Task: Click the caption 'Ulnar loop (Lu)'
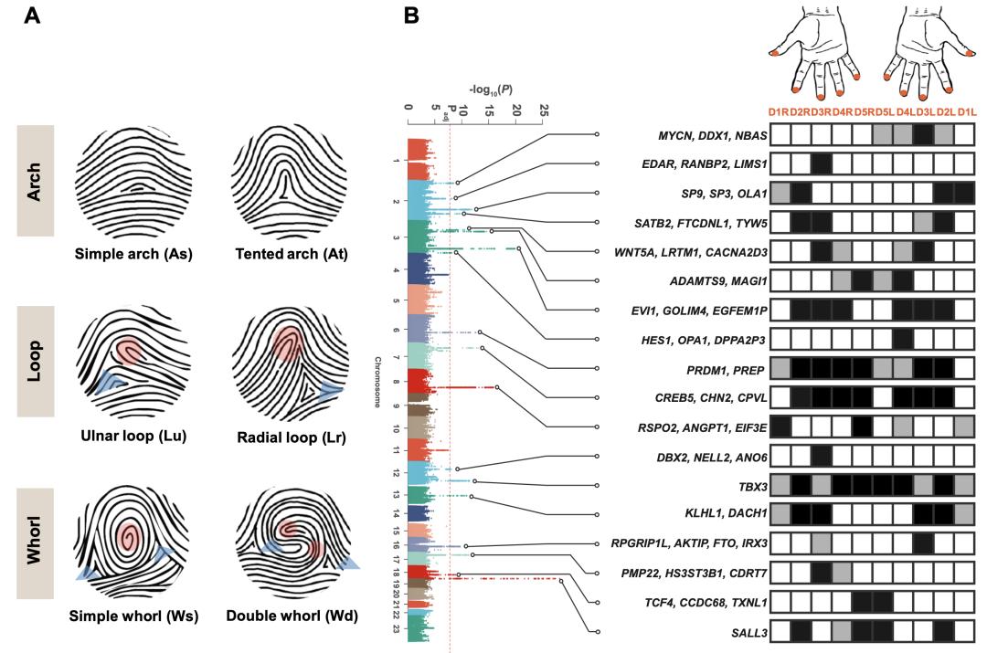click(133, 436)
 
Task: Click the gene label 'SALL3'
click(745, 632)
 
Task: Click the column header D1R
click(779, 112)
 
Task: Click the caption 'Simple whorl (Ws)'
click(134, 616)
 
